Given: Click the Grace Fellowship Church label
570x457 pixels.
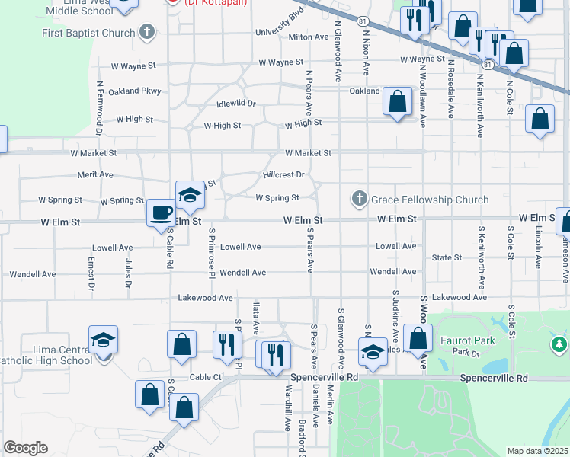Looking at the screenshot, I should click(x=429, y=200).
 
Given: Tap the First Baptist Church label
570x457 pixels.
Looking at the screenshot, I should click(x=88, y=33).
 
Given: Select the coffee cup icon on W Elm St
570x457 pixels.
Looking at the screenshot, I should click(x=160, y=213).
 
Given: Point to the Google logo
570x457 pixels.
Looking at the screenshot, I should click(x=25, y=448).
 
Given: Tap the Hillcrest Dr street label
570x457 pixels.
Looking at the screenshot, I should click(x=283, y=174).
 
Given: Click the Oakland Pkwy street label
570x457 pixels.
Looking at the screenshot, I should click(x=136, y=91).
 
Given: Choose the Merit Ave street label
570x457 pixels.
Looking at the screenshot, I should click(x=95, y=174).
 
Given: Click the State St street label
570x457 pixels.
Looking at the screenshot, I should click(x=447, y=257).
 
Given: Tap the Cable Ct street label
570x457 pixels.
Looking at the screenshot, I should click(x=205, y=377).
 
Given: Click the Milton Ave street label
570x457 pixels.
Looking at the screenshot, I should click(x=308, y=37).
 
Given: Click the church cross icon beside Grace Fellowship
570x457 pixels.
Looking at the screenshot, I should click(x=360, y=200).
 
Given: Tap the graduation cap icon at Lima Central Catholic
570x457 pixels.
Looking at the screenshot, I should click(x=104, y=340).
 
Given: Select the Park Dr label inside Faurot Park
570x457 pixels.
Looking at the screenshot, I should click(x=464, y=353).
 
